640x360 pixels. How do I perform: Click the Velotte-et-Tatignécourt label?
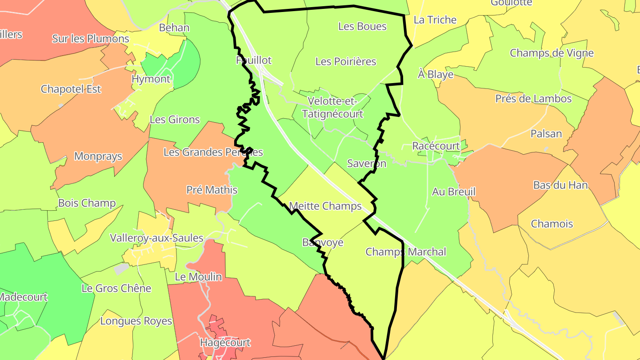click(x=332, y=108)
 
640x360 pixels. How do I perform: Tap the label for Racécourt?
click(x=436, y=146)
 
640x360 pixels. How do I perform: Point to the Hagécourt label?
click(x=225, y=343)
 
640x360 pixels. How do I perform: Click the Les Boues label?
click(x=362, y=26)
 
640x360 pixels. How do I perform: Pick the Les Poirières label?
click(x=346, y=61)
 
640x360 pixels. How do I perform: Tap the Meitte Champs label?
click(x=325, y=206)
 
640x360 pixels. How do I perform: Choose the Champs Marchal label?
click(x=405, y=252)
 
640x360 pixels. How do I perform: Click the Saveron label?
click(x=367, y=163)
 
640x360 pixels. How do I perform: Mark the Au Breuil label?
click(x=454, y=192)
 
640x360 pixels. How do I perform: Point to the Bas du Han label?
click(x=560, y=185)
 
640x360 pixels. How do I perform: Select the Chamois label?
click(x=552, y=224)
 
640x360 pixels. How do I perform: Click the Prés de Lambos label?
click(x=533, y=99)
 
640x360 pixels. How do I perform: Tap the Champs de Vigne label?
click(x=552, y=53)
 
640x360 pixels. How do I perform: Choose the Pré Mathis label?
click(x=212, y=190)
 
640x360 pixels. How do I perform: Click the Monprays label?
click(x=98, y=156)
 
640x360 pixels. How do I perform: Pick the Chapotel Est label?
click(x=71, y=89)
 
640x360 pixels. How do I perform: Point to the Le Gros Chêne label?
click(x=116, y=288)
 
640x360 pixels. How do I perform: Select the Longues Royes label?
click(x=136, y=321)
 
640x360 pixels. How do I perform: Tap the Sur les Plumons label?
click(x=91, y=39)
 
